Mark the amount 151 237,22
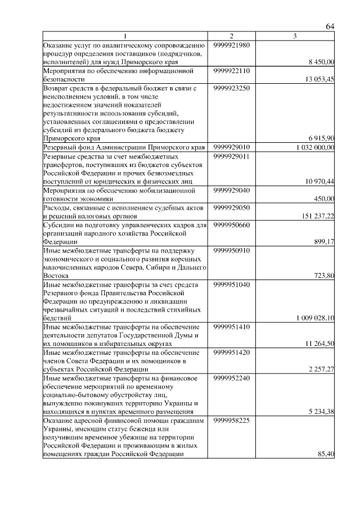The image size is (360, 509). (x=318, y=215)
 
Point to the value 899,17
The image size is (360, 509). (x=324, y=241)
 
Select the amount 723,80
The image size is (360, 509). (x=324, y=276)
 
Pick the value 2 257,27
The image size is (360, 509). (x=322, y=369)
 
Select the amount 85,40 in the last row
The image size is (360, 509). (x=326, y=454)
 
